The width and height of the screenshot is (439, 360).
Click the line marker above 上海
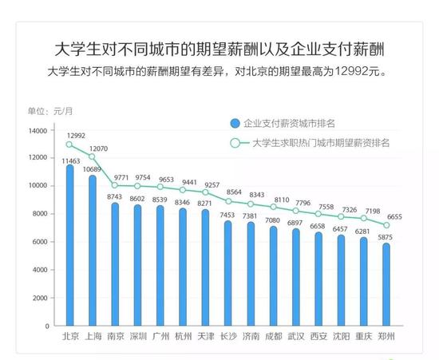(x=93, y=156)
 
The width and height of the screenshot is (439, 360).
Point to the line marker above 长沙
(x=228, y=200)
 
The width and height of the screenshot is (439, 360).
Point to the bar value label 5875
(x=386, y=236)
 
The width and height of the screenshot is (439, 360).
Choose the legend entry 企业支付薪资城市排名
(x=287, y=123)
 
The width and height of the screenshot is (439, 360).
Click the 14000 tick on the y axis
(x=38, y=130)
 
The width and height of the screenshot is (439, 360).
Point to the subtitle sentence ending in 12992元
(x=219, y=71)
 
